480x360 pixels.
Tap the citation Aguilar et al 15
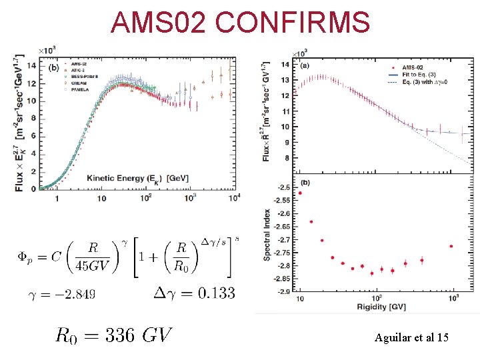tap(412, 338)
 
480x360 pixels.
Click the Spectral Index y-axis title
tap(267, 233)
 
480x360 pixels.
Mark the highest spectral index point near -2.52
tap(300, 193)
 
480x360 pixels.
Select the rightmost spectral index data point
tap(451, 246)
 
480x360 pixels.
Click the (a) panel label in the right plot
tap(305, 65)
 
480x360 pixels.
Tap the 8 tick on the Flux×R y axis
tap(285, 158)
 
